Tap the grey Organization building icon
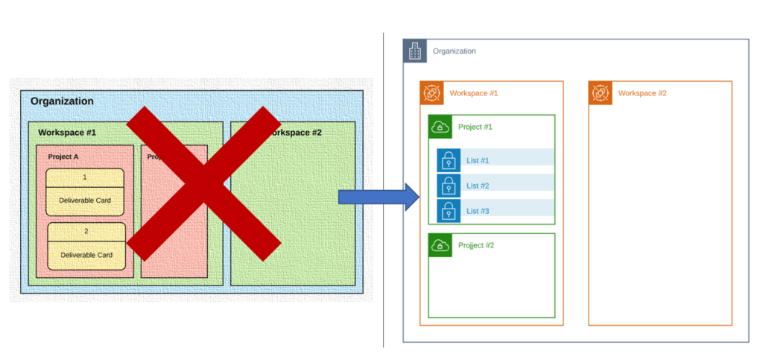(415, 51)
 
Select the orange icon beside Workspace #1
(431, 93)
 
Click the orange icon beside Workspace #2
(601, 93)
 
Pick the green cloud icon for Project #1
(440, 127)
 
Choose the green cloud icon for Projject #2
(440, 245)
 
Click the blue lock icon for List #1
(449, 160)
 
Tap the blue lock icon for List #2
(449, 186)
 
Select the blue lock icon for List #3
(449, 211)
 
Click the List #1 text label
(478, 161)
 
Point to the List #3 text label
(478, 212)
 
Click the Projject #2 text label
(476, 245)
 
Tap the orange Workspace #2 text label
(642, 93)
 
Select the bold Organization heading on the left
(62, 101)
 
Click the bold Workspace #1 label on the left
(67, 133)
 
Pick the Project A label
(63, 157)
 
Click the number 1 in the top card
(85, 177)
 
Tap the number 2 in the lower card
(86, 231)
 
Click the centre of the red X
(203, 183)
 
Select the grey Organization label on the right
(455, 51)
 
